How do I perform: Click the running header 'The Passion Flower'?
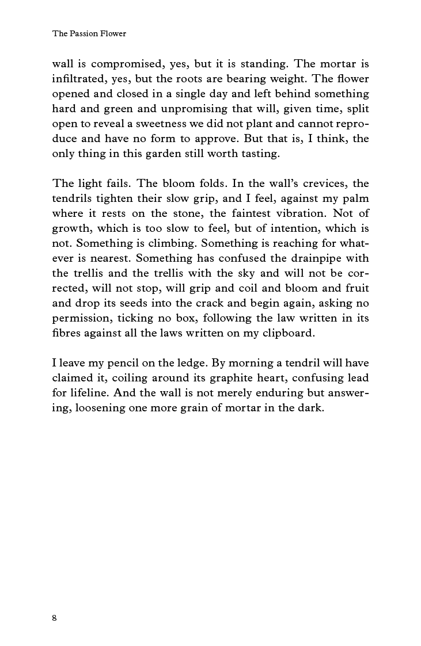(x=89, y=33)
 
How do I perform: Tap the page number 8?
(x=55, y=618)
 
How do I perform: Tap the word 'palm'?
(x=356, y=198)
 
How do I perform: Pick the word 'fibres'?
(x=67, y=333)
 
